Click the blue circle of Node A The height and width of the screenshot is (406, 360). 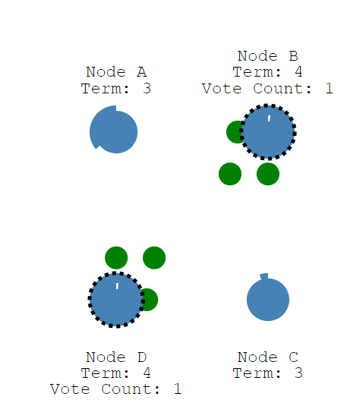point(113,132)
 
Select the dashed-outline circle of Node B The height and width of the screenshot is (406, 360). point(268,132)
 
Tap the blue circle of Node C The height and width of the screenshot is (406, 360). point(268,300)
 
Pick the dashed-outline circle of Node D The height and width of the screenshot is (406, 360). point(116,300)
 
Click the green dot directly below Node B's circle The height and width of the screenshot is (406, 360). point(268,174)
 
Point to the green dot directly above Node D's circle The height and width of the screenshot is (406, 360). point(116,257)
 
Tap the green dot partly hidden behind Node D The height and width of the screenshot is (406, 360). point(151,300)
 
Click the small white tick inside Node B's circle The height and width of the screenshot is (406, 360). point(269,118)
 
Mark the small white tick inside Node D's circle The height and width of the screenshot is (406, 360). point(117,286)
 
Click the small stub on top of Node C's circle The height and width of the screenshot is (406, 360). point(264,276)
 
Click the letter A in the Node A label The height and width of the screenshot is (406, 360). point(141,72)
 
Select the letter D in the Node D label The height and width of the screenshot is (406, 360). point(142,357)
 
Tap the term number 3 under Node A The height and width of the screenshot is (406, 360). point(147,89)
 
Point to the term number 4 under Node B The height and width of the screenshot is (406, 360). point(298,72)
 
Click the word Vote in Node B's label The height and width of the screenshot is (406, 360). point(222,89)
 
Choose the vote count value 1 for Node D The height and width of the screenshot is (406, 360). point(177,389)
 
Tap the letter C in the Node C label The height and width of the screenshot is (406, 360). point(294,357)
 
